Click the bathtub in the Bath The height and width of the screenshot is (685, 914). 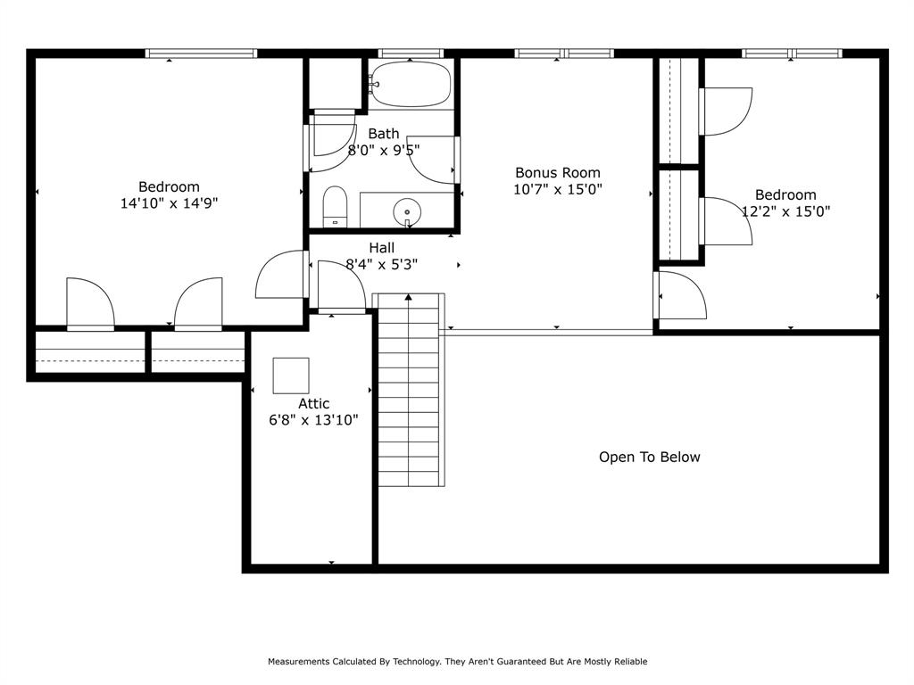[x=411, y=85]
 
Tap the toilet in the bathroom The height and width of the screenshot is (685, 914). [x=335, y=206]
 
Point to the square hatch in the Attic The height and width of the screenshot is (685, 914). [x=291, y=376]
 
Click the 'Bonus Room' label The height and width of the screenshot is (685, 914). [x=557, y=173]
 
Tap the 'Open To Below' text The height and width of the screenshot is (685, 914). [x=649, y=457]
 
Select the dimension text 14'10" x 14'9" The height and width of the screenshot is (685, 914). [x=169, y=203]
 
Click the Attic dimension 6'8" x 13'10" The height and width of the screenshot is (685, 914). [x=314, y=420]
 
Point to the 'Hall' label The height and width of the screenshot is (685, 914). [x=381, y=248]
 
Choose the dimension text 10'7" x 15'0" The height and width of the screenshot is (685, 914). [x=557, y=189]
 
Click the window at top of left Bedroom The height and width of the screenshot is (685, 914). [x=202, y=54]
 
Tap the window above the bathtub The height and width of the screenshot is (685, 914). [x=411, y=54]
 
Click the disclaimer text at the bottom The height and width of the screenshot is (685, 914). [x=457, y=662]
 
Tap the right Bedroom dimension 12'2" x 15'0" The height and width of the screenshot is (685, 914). [x=785, y=211]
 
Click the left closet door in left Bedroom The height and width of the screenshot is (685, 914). [x=90, y=305]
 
